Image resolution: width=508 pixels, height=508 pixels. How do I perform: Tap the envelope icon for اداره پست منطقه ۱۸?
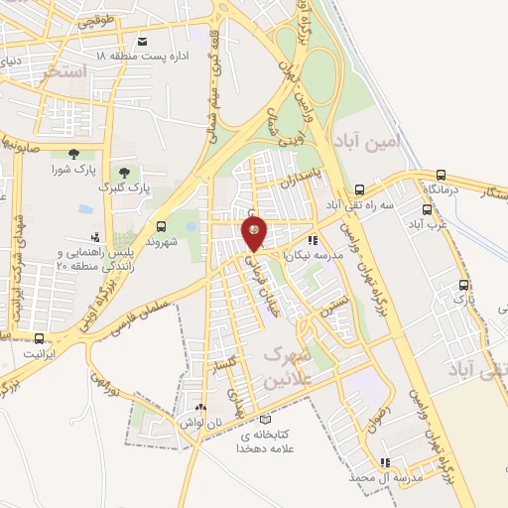coord(142,41)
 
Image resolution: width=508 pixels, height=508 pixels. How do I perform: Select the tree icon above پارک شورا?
coord(73,153)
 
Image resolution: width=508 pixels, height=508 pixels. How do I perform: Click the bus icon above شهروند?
coord(162,226)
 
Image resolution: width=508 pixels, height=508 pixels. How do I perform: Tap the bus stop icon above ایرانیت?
coord(39,338)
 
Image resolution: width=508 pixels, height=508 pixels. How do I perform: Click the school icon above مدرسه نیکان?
coord(313,240)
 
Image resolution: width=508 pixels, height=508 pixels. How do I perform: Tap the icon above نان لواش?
coord(201,408)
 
